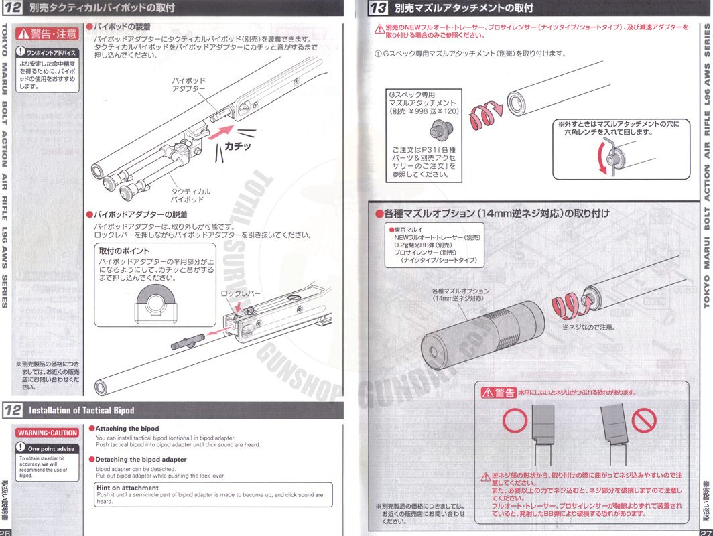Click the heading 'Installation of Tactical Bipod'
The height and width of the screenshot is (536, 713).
pos(82,410)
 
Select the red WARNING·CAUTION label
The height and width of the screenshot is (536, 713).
pos(48,433)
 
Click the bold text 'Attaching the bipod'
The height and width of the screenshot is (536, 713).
pos(127,429)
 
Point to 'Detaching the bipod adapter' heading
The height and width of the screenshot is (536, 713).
pos(141,460)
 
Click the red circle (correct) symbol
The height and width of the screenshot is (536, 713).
pos(515,421)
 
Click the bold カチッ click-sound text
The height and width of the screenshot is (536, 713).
pos(237,145)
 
